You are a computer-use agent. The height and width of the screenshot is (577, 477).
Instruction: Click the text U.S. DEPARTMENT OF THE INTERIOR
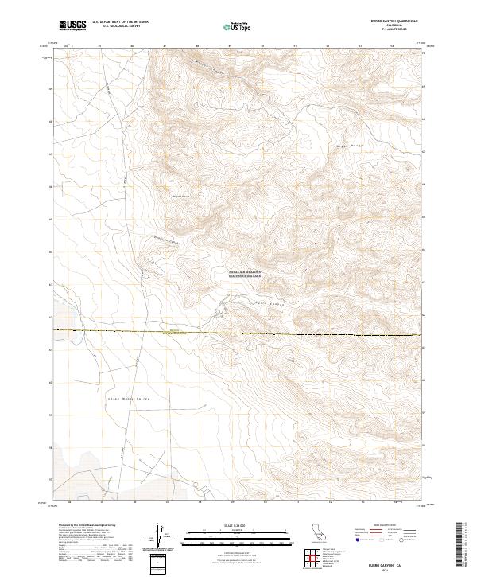pos(120,22)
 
